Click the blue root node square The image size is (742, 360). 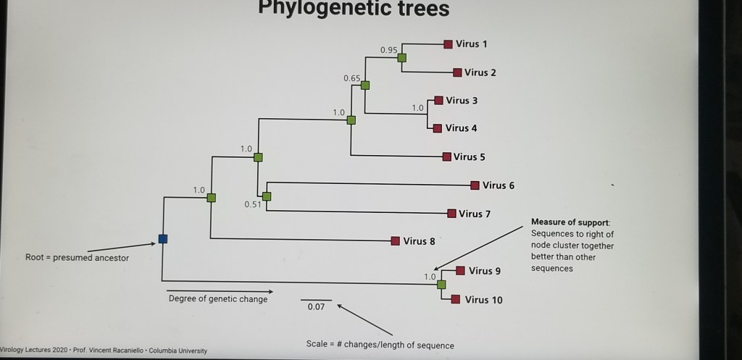coord(163,239)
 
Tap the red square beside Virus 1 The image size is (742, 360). coord(449,44)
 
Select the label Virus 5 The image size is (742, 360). coord(469,156)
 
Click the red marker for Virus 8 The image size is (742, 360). coord(396,241)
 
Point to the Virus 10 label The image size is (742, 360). coord(483,300)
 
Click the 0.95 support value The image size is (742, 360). coord(388,50)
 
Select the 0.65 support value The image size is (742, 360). coord(352,78)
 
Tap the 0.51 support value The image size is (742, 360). coord(253,204)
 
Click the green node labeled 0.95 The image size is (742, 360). coord(401,58)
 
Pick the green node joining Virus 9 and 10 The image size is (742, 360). coord(441,284)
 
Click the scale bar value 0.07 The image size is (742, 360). coord(316,307)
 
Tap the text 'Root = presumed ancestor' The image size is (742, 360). coord(77,257)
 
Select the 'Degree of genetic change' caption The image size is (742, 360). coord(218,299)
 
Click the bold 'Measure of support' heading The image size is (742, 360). coord(570,222)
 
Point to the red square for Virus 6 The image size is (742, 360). coord(475,185)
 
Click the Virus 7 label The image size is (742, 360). coord(475,214)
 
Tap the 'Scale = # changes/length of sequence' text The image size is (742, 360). coord(380,345)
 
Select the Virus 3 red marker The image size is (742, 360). coord(438,101)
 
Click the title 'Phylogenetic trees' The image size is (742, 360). coord(354,9)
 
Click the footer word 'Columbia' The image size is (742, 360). coord(166,351)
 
